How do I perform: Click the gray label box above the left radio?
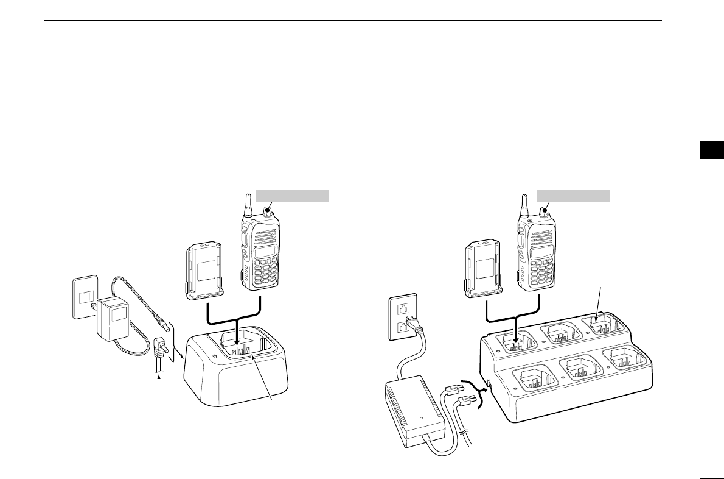pyautogui.click(x=292, y=195)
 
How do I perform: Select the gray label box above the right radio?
pyautogui.click(x=574, y=195)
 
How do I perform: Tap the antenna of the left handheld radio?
pyautogui.click(x=248, y=205)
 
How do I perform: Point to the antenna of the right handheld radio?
pyautogui.click(x=524, y=205)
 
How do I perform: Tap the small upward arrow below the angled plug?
pyautogui.click(x=161, y=382)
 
